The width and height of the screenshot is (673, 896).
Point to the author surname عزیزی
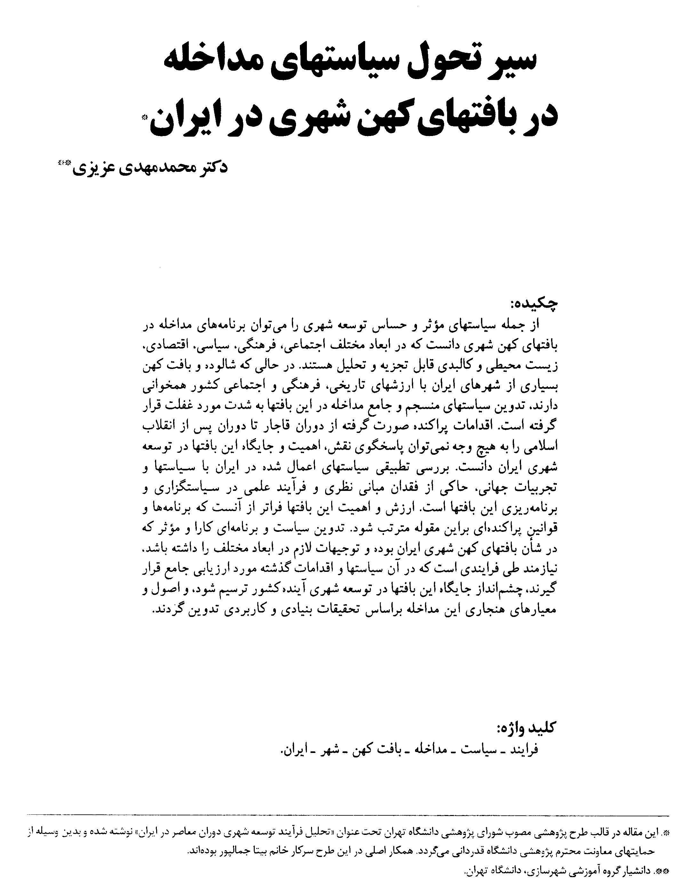pyautogui.click(x=92, y=169)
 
